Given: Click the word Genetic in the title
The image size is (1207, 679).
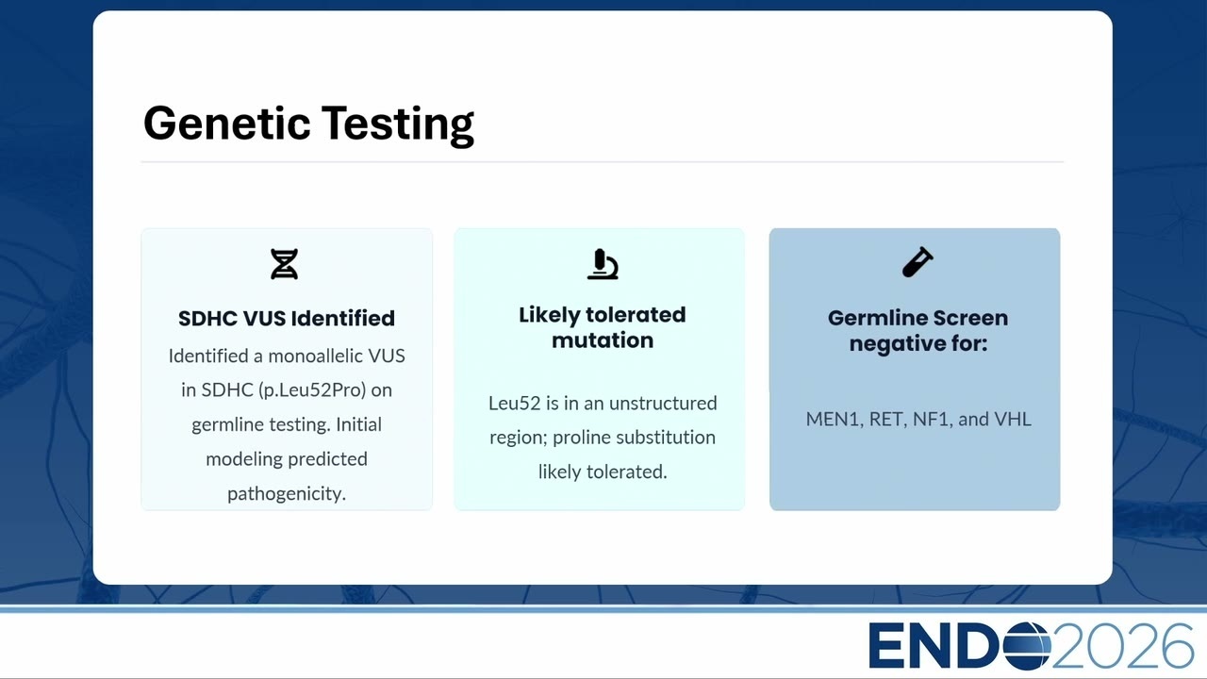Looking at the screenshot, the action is point(227,124).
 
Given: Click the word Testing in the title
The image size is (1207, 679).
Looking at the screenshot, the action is point(398,125).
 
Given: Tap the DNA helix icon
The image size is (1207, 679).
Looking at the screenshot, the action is point(284,264).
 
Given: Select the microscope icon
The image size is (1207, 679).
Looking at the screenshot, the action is point(603,264).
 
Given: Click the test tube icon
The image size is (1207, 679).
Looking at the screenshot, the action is point(918,262).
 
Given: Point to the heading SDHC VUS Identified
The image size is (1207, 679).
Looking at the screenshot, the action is point(287,319).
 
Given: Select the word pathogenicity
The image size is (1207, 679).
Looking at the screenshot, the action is point(287,493).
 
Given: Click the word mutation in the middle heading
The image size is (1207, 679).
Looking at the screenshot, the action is point(603,340).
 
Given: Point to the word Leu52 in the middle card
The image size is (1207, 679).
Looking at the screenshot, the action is point(514,403).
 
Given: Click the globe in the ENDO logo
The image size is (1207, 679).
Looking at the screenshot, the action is point(1027,646).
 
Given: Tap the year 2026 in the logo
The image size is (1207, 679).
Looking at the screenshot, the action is point(1122,646).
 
